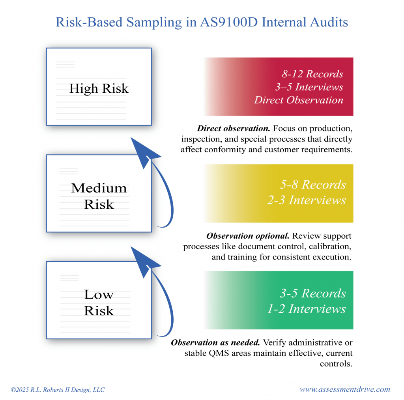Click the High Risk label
(99, 88)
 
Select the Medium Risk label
(99, 196)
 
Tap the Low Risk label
(99, 303)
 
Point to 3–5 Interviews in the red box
(309, 87)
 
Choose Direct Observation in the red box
(299, 100)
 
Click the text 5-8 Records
(313, 185)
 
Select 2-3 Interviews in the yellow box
(306, 200)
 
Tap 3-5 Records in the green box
(313, 293)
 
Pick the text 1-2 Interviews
(306, 308)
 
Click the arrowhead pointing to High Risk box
(143, 152)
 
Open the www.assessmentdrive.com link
(345, 389)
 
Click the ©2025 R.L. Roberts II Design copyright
(58, 390)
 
